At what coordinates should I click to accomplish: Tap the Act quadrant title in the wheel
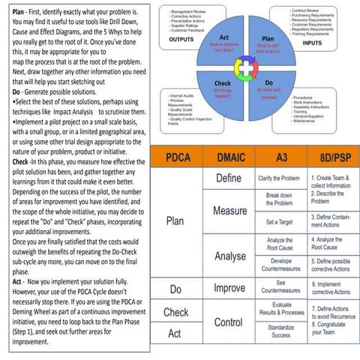[223, 37]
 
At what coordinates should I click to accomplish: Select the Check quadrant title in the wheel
[222, 83]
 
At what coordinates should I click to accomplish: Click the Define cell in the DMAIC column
[228, 178]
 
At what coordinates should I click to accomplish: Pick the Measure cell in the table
[229, 211]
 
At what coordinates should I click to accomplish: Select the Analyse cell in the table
[229, 256]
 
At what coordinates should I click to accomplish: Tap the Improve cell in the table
[229, 288]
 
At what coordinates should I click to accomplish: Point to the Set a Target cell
[279, 222]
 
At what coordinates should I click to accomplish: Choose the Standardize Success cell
[280, 331]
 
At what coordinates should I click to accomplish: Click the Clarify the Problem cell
[279, 178]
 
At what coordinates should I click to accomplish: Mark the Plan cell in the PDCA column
[175, 221]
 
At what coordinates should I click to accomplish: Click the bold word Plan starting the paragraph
[14, 11]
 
